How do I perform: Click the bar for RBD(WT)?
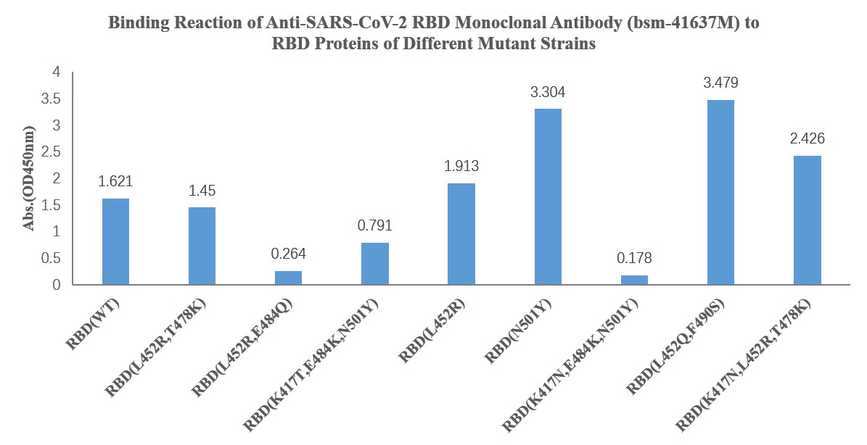pos(115,241)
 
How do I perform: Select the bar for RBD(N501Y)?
pos(548,196)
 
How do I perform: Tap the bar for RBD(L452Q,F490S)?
pos(720,192)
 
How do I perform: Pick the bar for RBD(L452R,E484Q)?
pos(288,278)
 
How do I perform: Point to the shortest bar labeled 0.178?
pos(634,280)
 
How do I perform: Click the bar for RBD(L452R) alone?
pos(461,234)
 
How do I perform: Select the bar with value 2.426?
pos(807,220)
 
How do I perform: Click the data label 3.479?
pos(720,83)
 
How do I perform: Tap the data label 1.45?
pos(202,191)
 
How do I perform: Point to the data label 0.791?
pos(374,226)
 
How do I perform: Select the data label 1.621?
pos(115,181)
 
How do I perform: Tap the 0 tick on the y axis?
pos(56,285)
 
